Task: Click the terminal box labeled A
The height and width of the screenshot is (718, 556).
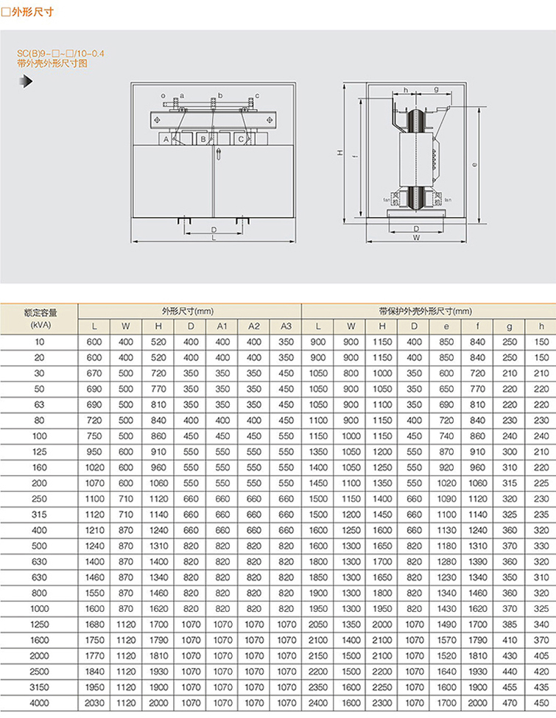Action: click(166, 138)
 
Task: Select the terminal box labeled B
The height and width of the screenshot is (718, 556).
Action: click(203, 138)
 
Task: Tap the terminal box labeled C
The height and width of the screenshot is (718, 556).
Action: click(240, 138)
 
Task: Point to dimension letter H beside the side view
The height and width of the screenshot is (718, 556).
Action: click(339, 153)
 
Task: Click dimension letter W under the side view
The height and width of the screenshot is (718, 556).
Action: click(416, 238)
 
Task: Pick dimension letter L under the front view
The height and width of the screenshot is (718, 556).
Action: click(214, 238)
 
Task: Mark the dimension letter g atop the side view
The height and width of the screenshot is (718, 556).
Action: click(436, 89)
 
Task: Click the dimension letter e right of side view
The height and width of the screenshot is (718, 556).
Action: click(475, 165)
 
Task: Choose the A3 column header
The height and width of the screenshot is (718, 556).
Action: click(286, 325)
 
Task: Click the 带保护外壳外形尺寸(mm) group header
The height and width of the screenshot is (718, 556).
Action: click(425, 311)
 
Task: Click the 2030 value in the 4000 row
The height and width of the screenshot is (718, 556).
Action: click(94, 703)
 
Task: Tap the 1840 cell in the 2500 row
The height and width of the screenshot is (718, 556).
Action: click(94, 672)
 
